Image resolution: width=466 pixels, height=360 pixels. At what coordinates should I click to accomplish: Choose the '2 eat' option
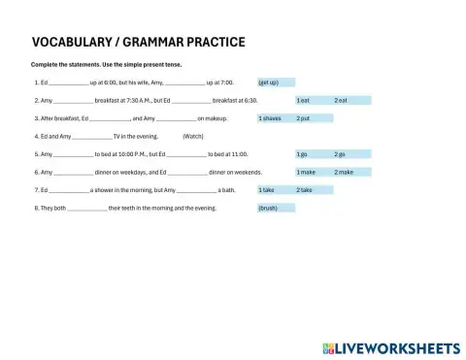347,100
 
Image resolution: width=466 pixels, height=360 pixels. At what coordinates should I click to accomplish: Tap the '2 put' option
314,118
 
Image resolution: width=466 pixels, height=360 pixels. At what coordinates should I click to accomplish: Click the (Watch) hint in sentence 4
192,136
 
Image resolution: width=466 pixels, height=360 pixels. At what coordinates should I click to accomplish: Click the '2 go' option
347,154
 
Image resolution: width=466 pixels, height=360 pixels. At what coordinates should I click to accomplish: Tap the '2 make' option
347,172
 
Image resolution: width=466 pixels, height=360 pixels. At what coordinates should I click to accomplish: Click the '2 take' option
314,190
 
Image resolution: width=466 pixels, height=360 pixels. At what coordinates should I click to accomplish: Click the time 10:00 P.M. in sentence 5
136,154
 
